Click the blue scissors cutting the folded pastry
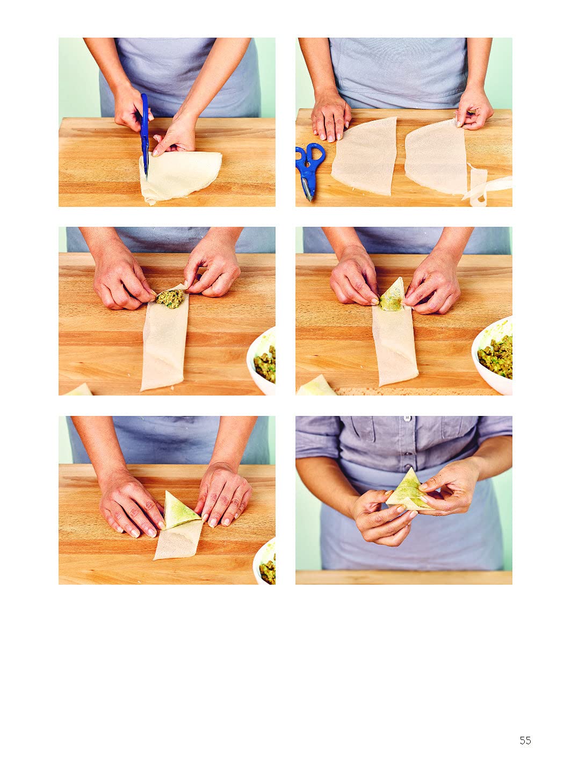[x=144, y=135]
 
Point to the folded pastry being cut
[x=180, y=177]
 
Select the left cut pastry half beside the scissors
[x=364, y=156]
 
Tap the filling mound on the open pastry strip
[x=170, y=298]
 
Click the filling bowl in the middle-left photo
[x=262, y=361]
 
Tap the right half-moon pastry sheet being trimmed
[x=436, y=156]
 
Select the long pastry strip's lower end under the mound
[x=163, y=378]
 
